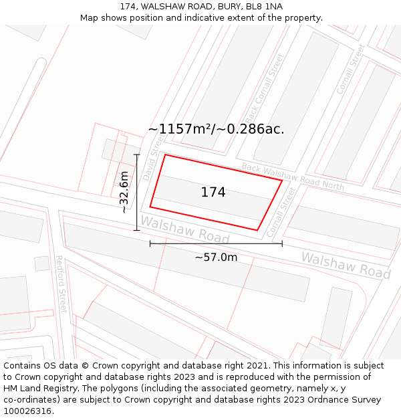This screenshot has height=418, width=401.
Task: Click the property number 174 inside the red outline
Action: tap(213, 193)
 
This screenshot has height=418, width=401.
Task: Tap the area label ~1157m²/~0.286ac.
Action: tap(216, 129)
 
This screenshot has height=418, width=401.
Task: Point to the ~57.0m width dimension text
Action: tap(216, 257)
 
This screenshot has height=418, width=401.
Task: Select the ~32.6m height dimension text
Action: tap(124, 192)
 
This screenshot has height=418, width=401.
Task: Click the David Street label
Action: tap(152, 159)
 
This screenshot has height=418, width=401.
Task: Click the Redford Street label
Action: tap(61, 284)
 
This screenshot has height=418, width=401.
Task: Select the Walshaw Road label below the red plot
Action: tap(185, 231)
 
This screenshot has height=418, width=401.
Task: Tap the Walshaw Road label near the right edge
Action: tap(346, 265)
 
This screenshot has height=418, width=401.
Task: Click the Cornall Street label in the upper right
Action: tap(351, 69)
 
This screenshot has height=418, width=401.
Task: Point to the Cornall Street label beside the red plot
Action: tap(281, 212)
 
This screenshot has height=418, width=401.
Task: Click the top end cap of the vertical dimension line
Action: tap(137, 155)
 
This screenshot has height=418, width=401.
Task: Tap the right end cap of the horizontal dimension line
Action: tap(282, 243)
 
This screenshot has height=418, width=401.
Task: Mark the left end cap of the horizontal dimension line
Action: tap(150, 243)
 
